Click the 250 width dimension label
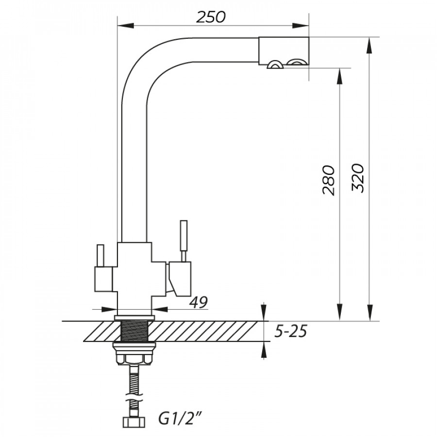click(211, 17)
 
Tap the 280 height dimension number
click(328, 180)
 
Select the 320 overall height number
click(358, 178)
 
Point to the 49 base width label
click(199, 302)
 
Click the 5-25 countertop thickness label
click(291, 331)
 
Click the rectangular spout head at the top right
click(284, 51)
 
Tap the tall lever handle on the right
click(184, 241)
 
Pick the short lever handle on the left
click(101, 255)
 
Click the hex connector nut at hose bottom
click(134, 422)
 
